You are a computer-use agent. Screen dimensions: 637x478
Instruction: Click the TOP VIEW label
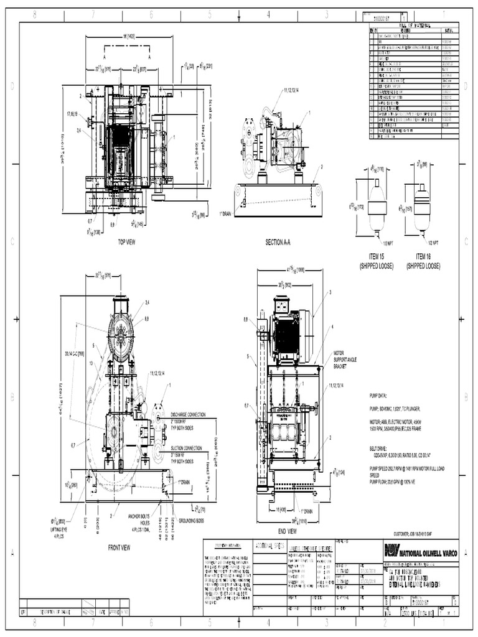126,241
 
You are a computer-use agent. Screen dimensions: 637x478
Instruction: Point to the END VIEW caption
287,531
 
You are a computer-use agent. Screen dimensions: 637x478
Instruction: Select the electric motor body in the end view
288,338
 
